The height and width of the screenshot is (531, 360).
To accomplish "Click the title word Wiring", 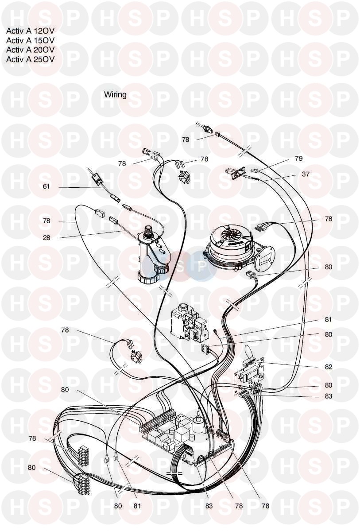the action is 115,94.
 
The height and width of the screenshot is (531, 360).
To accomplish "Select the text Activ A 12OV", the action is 30,31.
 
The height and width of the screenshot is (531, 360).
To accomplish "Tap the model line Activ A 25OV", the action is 30,60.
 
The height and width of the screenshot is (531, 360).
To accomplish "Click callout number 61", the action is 46,186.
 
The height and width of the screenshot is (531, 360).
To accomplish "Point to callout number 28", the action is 46,238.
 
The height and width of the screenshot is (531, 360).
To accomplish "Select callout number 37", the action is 306,174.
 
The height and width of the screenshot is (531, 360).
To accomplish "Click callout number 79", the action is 298,158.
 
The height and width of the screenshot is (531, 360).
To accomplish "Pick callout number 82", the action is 328,367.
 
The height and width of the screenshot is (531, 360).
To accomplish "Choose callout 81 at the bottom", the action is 137,506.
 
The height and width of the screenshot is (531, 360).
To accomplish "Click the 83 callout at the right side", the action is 328,396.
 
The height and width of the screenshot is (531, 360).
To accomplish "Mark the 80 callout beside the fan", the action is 328,267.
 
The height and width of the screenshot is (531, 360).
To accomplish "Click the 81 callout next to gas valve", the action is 328,319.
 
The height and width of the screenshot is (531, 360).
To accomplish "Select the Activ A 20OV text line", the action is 30,50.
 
